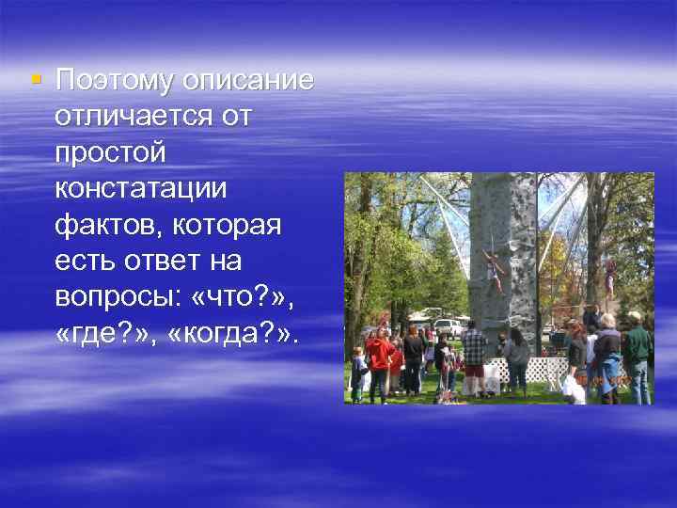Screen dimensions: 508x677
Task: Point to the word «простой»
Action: click(x=110, y=151)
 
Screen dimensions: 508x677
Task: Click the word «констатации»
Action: click(x=141, y=186)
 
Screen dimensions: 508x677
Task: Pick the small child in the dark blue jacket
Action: click(x=358, y=372)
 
